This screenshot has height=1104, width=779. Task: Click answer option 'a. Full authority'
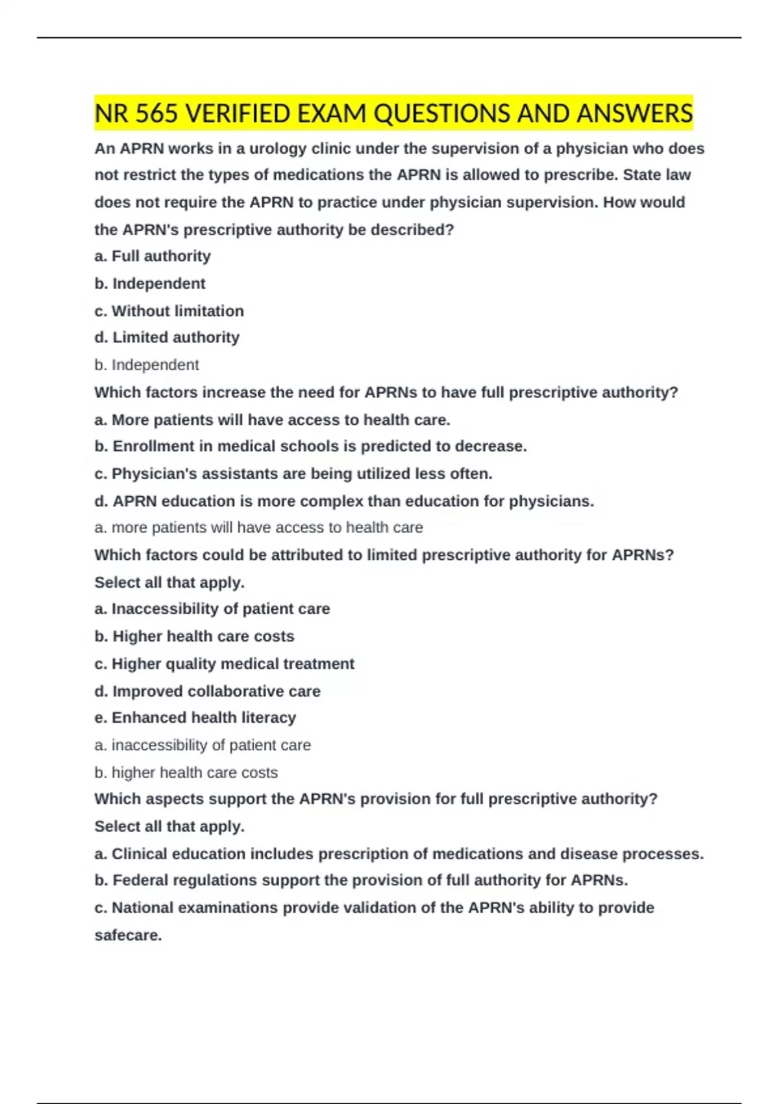click(153, 257)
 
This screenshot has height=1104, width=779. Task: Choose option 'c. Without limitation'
click(169, 311)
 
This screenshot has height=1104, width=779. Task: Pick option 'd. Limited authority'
click(167, 338)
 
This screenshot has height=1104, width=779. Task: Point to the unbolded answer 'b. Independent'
click(147, 365)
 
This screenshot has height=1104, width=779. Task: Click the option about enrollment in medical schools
click(310, 447)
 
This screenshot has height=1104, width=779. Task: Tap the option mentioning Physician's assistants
click(293, 474)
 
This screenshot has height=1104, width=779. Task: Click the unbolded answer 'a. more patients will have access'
click(258, 528)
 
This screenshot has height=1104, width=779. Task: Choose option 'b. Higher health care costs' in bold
click(194, 636)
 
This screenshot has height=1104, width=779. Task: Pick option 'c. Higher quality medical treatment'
click(224, 664)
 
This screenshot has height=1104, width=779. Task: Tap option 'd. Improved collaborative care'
click(207, 691)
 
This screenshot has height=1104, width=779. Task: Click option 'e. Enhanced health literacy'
click(195, 718)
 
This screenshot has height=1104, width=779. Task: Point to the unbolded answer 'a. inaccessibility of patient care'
click(203, 745)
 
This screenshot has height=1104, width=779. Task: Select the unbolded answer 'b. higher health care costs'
click(186, 772)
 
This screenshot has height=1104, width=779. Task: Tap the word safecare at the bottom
click(127, 935)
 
